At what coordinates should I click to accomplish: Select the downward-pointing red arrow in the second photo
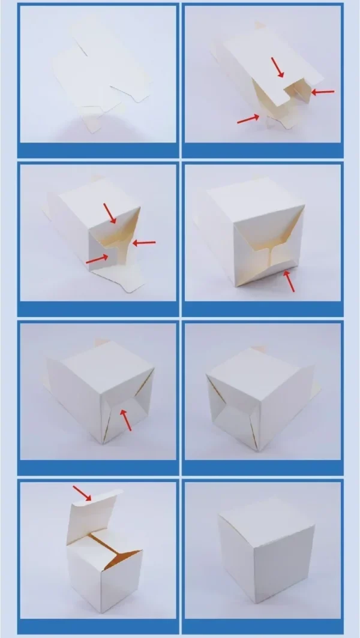click(x=278, y=67)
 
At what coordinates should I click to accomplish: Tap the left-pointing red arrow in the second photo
click(x=322, y=92)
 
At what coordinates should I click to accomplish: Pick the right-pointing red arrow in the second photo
click(x=247, y=119)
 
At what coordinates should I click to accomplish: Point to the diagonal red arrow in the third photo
click(x=110, y=213)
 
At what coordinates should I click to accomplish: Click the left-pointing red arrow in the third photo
click(x=144, y=242)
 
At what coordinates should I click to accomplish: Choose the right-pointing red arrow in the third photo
click(x=98, y=259)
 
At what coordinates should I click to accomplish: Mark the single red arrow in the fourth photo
click(x=289, y=281)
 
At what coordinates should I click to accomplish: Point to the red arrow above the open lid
click(x=82, y=493)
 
